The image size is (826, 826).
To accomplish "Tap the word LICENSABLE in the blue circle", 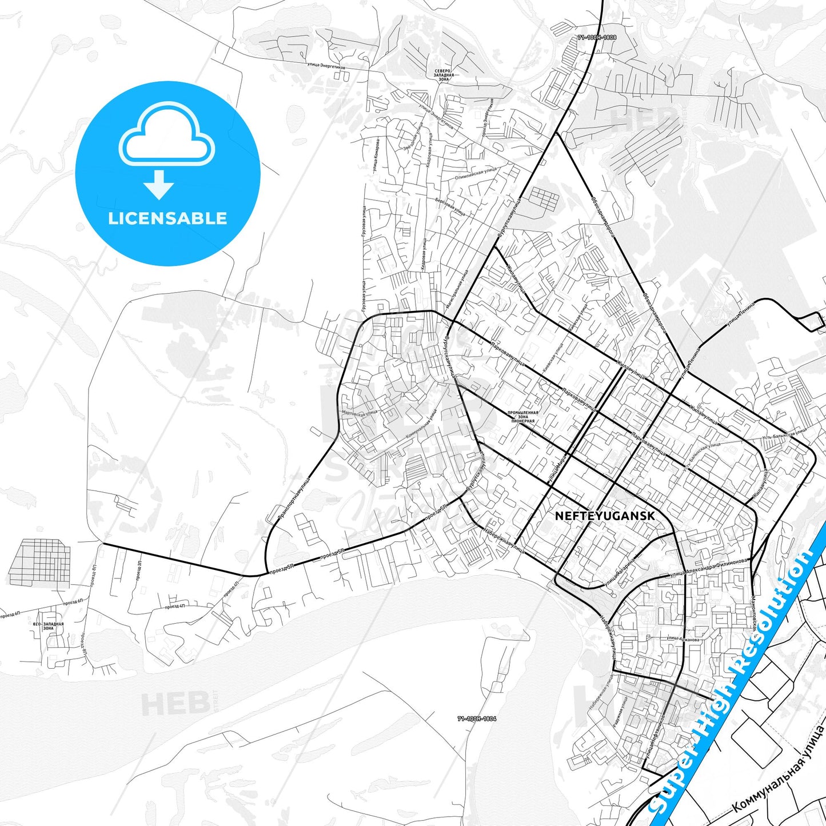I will click(x=167, y=218).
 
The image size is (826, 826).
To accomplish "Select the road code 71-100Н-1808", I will click(x=597, y=38).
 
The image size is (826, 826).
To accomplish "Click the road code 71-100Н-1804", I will click(x=477, y=719).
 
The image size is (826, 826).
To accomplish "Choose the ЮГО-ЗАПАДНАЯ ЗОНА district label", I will click(x=49, y=626).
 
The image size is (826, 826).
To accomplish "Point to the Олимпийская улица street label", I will click(x=476, y=174).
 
